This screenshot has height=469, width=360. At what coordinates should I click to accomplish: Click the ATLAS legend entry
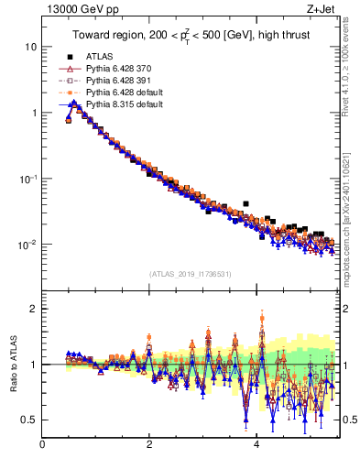click(101, 57)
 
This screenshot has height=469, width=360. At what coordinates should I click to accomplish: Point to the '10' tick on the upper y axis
click(30, 47)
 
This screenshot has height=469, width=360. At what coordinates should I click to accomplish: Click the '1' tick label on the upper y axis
click(33, 113)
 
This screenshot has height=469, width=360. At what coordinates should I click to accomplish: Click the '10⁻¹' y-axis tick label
click(28, 179)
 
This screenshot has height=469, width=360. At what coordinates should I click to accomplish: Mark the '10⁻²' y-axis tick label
click(28, 245)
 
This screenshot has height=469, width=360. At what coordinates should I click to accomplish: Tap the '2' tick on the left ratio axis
click(33, 309)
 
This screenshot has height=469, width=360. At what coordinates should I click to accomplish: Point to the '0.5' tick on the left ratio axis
click(29, 420)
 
